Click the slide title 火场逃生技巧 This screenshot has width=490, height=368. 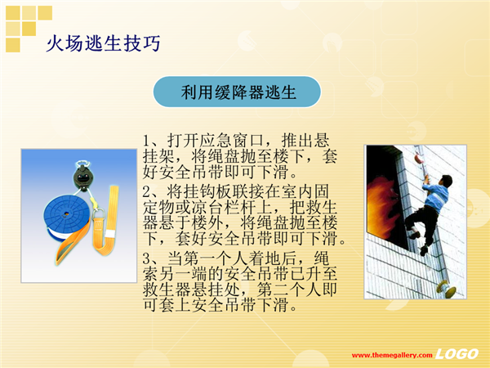tap(103, 43)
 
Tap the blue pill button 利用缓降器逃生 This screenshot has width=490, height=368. tap(237, 92)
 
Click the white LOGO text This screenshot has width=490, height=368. tap(457, 354)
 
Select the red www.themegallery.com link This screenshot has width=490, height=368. tap(392, 355)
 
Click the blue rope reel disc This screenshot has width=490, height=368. tap(67, 215)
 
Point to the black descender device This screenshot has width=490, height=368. tap(82, 177)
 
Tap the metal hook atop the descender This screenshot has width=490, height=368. tap(82, 164)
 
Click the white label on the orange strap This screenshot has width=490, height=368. tap(110, 234)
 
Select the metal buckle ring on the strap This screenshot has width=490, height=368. tap(99, 215)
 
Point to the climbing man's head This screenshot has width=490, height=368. tap(445, 181)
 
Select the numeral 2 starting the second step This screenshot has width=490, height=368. tap(146, 191)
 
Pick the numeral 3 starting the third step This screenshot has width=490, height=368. tap(146, 258)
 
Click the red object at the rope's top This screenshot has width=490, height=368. tap(419, 157)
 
